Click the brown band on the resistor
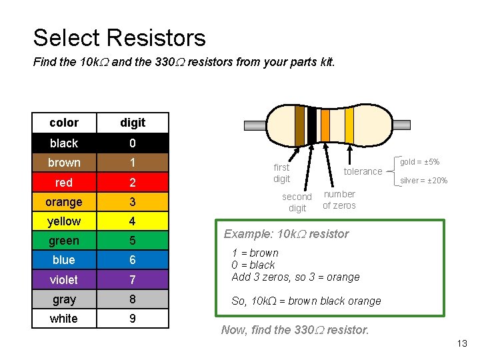[x=300, y=125]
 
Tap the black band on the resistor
[x=311, y=125]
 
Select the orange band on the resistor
[x=325, y=125]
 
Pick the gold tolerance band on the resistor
[x=349, y=125]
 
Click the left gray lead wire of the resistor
[x=254, y=125]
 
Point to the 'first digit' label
[x=282, y=173]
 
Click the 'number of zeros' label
[x=339, y=199]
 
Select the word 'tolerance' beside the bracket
[x=363, y=171]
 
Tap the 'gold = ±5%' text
[x=419, y=162]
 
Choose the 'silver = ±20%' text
[x=423, y=181]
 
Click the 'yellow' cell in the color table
[x=64, y=221]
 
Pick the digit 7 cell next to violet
[x=133, y=279]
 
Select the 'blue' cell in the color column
[x=64, y=260]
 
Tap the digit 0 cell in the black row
[x=133, y=143]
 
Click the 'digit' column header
[x=133, y=123]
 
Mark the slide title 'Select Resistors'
[x=119, y=38]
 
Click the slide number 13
[x=462, y=343]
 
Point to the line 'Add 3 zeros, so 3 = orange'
[x=295, y=277]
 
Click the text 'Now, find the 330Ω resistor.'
[x=295, y=329]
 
